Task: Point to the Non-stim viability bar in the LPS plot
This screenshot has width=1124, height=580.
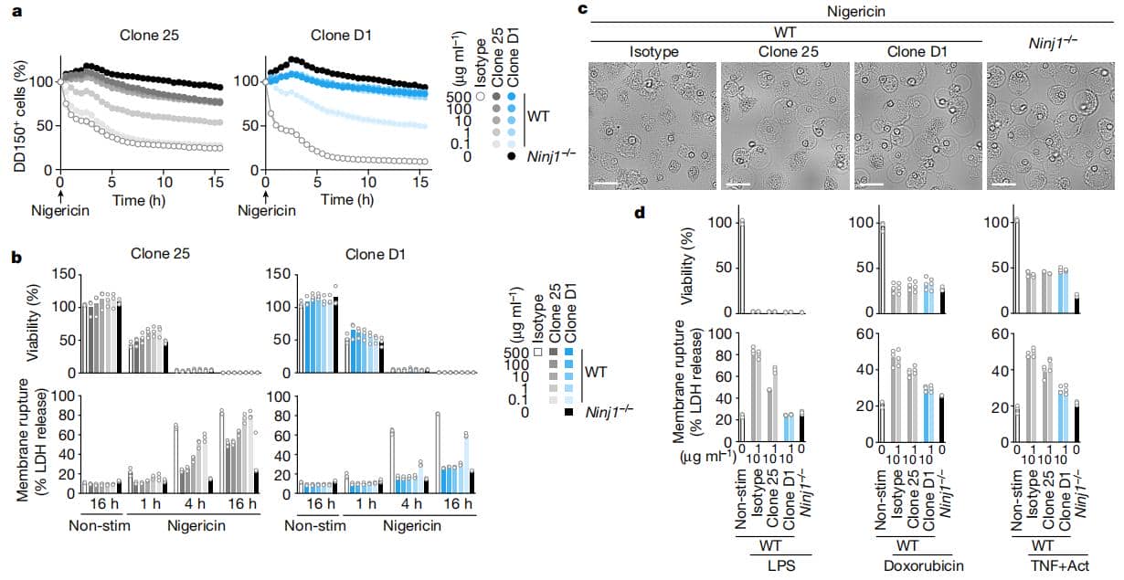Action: click(743, 266)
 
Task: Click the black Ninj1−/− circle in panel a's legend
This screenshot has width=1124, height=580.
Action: click(511, 158)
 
